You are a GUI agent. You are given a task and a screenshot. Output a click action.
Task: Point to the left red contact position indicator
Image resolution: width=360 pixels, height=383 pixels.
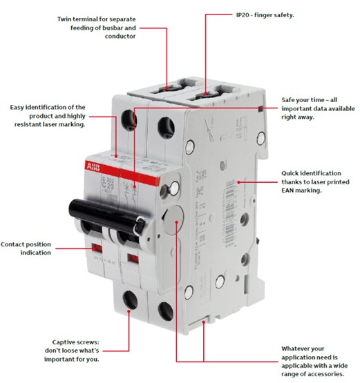(x=97, y=246)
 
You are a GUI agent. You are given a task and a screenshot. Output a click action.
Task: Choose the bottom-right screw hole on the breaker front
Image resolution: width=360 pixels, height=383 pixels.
(x=164, y=308)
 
